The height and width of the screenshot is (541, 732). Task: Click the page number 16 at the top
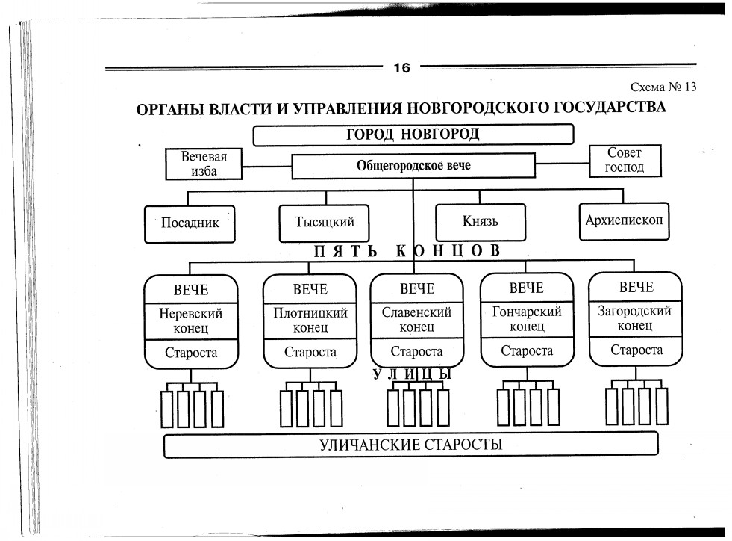click(401, 68)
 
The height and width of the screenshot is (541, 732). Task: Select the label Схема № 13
click(663, 87)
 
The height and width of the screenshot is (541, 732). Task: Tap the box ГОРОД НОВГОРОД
click(413, 135)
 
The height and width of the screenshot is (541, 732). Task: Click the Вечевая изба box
click(204, 164)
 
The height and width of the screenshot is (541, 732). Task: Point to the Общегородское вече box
click(413, 166)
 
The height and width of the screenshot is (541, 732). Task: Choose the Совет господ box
click(625, 161)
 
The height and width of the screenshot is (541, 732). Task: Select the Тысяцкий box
click(325, 222)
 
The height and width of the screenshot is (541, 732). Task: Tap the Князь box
click(480, 221)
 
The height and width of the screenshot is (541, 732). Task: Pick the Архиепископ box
click(624, 220)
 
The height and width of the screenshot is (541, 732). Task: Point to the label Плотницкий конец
click(310, 321)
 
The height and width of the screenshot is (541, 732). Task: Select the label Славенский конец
click(416, 320)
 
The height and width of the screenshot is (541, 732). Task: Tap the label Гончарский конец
click(527, 319)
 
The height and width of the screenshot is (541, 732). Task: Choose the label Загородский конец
click(635, 318)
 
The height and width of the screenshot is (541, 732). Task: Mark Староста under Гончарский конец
click(527, 350)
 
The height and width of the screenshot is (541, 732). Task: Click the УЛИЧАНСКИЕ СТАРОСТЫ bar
click(411, 445)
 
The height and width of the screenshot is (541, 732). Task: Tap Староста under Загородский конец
click(636, 350)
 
